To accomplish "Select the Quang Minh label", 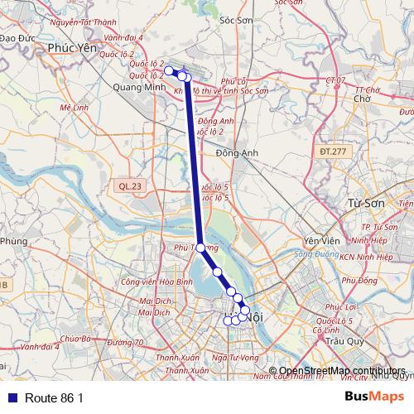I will pos(135,84).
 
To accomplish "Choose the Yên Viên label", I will pos(317,240).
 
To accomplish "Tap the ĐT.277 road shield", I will pos(333,152).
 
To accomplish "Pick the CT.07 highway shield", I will pos(335,79).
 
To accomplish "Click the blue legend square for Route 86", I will pos(11,398).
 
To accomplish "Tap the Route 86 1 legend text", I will pos(55,398).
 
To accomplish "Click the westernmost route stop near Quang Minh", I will pos(169,70).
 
